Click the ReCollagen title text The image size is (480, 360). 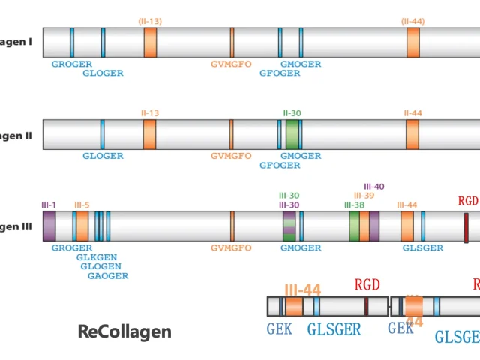coord(124,331)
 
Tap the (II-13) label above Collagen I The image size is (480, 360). coord(150,21)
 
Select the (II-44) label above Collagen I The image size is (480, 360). coord(412,21)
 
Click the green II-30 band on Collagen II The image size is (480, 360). coord(292,134)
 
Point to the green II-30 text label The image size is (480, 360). coord(292,113)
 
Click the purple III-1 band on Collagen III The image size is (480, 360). coord(49,226)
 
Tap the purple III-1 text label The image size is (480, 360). coord(49,205)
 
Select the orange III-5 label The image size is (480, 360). coord(82,205)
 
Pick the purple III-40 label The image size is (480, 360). coord(373,186)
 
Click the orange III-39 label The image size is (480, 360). coord(364,195)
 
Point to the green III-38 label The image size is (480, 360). coord(354,205)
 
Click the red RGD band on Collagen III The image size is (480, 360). coord(466,227)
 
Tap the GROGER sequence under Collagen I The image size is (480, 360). coord(72,64)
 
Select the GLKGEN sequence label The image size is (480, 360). coord(97,257)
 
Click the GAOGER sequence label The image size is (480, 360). coord(108,275)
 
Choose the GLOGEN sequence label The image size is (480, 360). coord(101,266)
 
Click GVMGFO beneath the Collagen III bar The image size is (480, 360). coord(231,247)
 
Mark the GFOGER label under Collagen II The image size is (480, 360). coord(280,165)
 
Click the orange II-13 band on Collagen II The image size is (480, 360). coord(150,134)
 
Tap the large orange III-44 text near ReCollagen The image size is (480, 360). coord(302,289)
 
